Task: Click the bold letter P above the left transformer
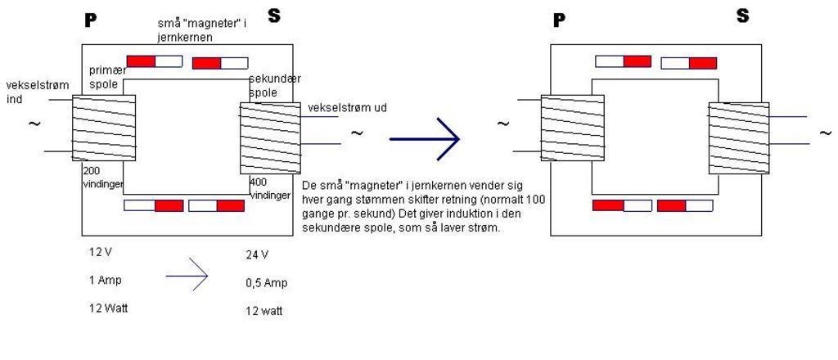[91, 20]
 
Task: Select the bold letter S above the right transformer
[742, 16]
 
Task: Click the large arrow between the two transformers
[426, 139]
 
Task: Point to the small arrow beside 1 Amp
[187, 280]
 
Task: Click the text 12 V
[101, 252]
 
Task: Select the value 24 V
[257, 254]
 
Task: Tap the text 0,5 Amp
[266, 283]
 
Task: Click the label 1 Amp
[105, 280]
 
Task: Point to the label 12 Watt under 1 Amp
[110, 308]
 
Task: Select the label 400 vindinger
[269, 187]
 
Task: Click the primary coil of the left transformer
[103, 127]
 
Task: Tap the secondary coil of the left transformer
[270, 137]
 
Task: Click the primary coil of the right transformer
[573, 127]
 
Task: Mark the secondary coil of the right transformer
[739, 137]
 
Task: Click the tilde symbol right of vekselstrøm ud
[357, 133]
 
